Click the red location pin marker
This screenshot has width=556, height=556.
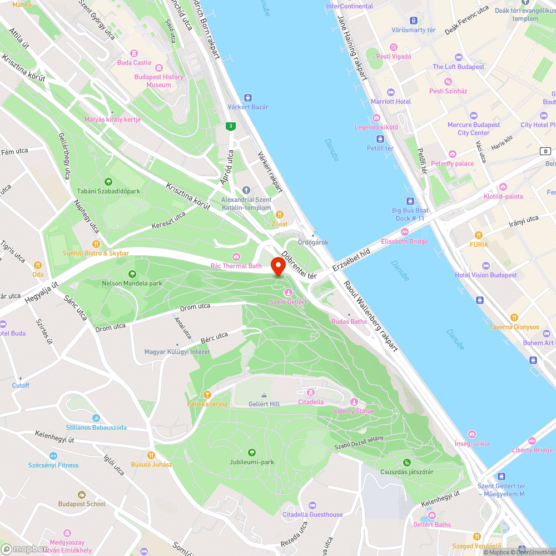pyautogui.click(x=277, y=265)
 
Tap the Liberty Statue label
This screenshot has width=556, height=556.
pyautogui.click(x=354, y=411)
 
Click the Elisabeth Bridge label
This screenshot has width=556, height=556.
pyautogui.click(x=404, y=241)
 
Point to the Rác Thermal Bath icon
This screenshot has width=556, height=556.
pyautogui.click(x=236, y=256)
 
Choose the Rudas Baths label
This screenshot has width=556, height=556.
pyautogui.click(x=349, y=321)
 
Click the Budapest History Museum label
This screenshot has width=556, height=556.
pyautogui.click(x=158, y=81)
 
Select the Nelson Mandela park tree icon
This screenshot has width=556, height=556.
pyautogui.click(x=132, y=274)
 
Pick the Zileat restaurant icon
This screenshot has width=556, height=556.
pyautogui.click(x=280, y=215)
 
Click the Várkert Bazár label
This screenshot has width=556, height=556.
pyautogui.click(x=248, y=107)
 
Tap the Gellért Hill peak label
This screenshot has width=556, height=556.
pyautogui.click(x=264, y=404)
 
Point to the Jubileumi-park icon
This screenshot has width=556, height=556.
pyautogui.click(x=252, y=453)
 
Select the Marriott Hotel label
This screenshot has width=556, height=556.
pyautogui.click(x=391, y=102)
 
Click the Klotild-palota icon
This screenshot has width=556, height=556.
pyautogui.click(x=503, y=187)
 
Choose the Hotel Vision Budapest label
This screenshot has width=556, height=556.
pyautogui.click(x=486, y=275)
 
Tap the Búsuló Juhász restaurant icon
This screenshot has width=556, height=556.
pyautogui.click(x=151, y=455)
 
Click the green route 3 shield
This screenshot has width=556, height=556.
pyautogui.click(x=230, y=126)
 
